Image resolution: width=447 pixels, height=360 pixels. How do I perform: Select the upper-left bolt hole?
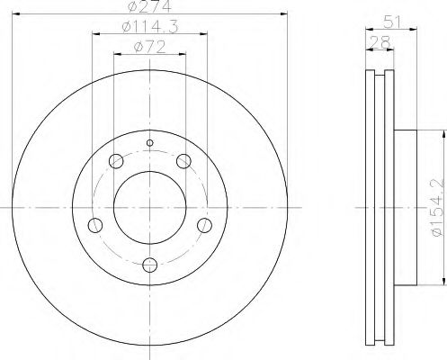(116, 162)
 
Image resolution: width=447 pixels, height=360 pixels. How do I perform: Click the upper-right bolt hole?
(184, 162)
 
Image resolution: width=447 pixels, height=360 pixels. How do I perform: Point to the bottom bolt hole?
(150, 265)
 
